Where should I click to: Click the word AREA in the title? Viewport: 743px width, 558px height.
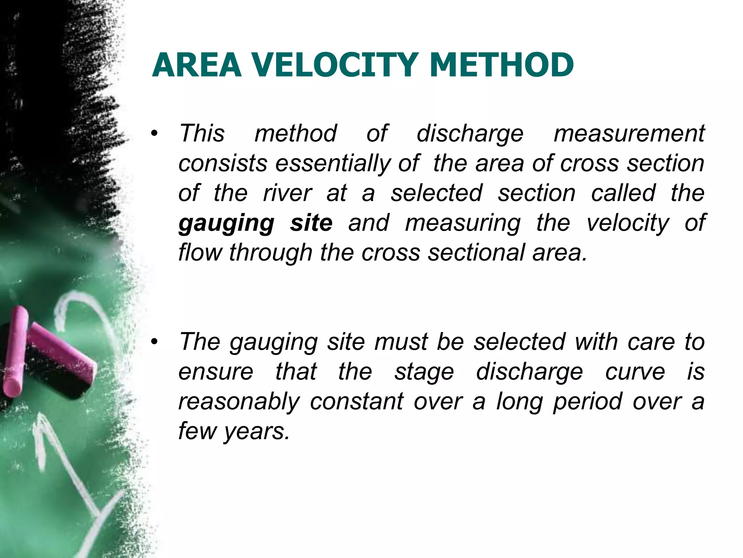(x=197, y=65)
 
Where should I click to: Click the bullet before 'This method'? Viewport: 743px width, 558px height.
(x=155, y=134)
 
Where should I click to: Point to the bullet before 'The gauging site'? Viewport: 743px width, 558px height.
(x=155, y=342)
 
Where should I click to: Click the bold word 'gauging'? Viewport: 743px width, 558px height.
(x=226, y=223)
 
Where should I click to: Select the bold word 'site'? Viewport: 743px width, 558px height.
(x=311, y=223)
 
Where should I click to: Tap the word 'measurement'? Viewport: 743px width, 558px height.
(x=629, y=134)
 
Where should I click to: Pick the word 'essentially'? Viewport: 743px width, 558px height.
(x=333, y=163)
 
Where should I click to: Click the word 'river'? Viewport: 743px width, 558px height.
(x=287, y=193)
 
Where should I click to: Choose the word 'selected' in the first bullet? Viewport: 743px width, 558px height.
(x=436, y=193)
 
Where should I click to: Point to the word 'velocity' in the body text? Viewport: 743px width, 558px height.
(x=628, y=223)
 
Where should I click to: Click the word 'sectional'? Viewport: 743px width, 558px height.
(x=476, y=253)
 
